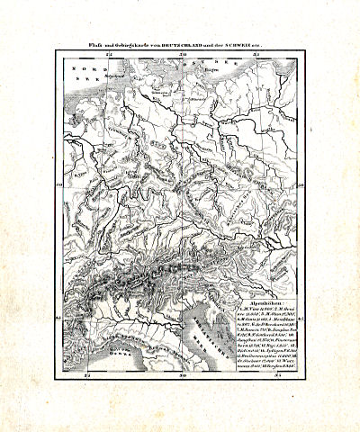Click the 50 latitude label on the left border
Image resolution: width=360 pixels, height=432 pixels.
tap(60, 186)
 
